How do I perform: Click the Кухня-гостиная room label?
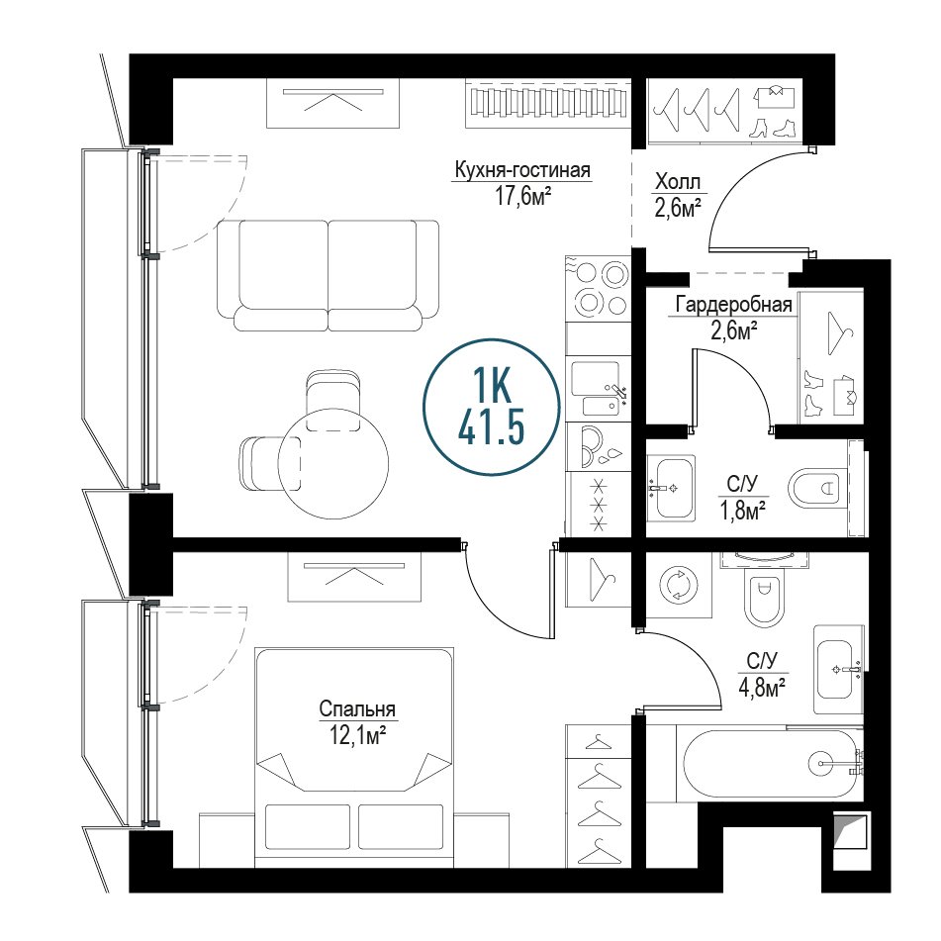(x=522, y=170)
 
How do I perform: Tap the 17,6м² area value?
(x=522, y=196)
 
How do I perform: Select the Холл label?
(x=678, y=181)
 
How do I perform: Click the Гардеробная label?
(x=733, y=305)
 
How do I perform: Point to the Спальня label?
(x=357, y=708)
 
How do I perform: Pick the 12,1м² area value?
(x=357, y=734)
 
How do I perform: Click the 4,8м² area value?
(x=762, y=687)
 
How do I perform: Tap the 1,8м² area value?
(x=742, y=510)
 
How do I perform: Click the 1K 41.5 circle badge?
(x=492, y=407)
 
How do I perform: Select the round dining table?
(x=333, y=463)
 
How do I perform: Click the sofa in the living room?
(x=328, y=275)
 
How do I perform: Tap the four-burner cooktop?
(x=599, y=289)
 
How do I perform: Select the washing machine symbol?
(x=680, y=585)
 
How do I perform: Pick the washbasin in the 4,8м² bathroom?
(x=838, y=669)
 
